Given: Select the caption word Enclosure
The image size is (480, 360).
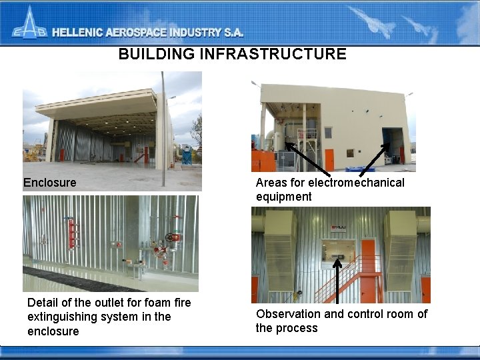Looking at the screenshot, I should (49, 183).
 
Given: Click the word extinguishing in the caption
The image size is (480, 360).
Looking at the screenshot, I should (61, 317).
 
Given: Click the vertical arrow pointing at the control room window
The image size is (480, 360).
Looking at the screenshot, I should (339, 280).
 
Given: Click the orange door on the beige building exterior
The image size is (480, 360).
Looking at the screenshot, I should (329, 159).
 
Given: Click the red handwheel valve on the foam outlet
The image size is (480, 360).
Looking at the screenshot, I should (175, 237).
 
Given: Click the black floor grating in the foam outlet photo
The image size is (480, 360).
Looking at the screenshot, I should (80, 280).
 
